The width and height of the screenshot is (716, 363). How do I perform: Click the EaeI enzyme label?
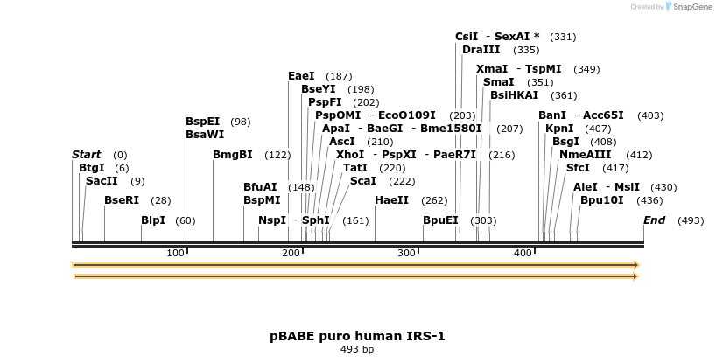point(301,76)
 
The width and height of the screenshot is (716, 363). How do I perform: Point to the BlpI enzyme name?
point(153,220)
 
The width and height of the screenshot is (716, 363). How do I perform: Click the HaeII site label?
point(391,200)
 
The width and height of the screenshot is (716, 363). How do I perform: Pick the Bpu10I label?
point(602,199)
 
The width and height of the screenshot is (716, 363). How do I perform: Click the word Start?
point(87,155)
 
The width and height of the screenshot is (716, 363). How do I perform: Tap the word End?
point(654,220)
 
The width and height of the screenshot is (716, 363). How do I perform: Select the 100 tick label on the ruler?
point(175,253)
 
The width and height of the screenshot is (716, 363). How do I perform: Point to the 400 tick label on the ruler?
point(523,253)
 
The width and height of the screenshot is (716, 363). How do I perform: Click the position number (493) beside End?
point(691,220)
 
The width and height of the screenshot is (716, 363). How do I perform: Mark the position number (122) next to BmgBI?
point(277,155)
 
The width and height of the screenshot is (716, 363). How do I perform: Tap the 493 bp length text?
point(357,349)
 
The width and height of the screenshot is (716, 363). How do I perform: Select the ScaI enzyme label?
point(363,180)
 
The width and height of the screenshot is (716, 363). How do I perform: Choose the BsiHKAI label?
point(515,94)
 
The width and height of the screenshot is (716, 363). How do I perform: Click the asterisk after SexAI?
point(537,37)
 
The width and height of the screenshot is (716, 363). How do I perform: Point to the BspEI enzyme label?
point(202,122)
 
